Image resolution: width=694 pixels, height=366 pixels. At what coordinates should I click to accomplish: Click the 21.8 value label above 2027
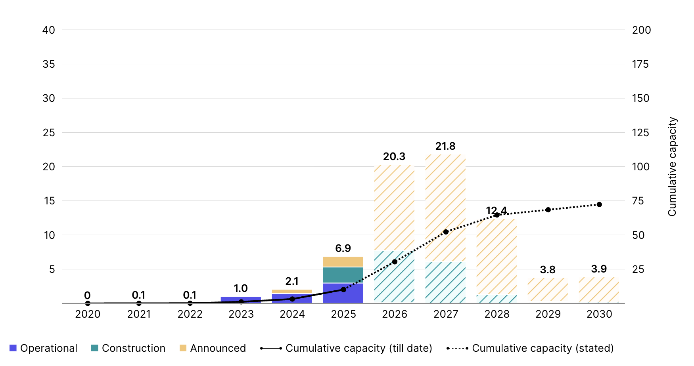point(445,146)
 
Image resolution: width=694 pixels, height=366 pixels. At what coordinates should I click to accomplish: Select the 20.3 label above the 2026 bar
point(394,156)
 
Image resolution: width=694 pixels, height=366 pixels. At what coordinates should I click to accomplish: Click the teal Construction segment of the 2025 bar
point(343,275)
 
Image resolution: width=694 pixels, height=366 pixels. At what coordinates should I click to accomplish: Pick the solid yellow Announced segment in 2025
point(343,261)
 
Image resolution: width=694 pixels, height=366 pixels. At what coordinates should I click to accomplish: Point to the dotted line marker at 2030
point(599,204)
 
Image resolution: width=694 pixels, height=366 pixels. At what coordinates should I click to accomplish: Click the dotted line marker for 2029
point(548,210)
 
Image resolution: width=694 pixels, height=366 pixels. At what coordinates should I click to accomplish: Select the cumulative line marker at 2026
point(395,262)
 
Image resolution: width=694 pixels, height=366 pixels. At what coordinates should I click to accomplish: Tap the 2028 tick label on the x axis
point(497,314)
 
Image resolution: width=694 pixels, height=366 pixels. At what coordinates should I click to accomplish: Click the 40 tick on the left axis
point(49,30)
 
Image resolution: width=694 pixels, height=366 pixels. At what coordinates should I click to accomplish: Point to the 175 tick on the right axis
point(640,64)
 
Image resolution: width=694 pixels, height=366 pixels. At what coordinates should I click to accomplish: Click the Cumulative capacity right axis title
point(672,166)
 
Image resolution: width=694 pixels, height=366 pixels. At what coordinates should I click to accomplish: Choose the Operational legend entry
point(44,348)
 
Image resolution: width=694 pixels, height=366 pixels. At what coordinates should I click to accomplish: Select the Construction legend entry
point(128,348)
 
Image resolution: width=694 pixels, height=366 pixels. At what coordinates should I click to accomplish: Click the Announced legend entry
point(213,348)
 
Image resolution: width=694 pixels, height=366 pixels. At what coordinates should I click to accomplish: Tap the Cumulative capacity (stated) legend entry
point(530,348)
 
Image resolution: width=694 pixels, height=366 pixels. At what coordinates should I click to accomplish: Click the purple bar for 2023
point(241,299)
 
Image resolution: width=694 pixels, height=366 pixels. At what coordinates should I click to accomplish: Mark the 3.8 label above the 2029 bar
point(548,270)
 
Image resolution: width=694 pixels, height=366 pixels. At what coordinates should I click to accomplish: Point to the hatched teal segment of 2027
point(445,282)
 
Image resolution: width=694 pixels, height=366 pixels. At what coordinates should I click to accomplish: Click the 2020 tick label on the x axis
point(88,314)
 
